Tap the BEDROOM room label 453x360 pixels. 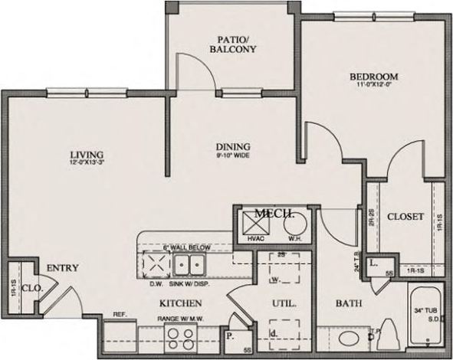tap(374, 77)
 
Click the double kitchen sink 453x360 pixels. tap(189, 266)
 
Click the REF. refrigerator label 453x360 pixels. tap(120, 314)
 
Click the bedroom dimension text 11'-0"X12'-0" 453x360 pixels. tap(374, 86)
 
